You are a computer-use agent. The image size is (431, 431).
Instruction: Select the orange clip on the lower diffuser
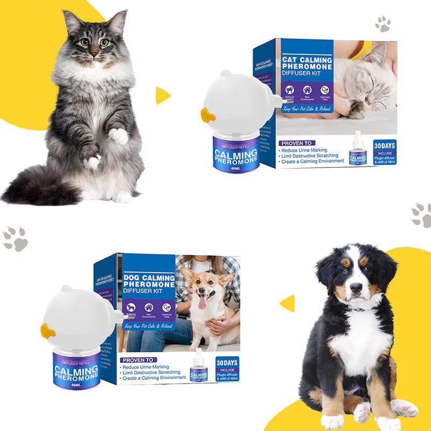(47, 330)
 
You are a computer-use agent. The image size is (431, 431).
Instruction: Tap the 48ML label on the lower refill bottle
(77, 384)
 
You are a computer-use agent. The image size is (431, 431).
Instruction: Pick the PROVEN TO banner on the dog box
(140, 359)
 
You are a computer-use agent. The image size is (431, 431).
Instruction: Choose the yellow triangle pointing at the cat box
(163, 95)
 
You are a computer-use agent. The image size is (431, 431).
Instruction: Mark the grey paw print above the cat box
(383, 23)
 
